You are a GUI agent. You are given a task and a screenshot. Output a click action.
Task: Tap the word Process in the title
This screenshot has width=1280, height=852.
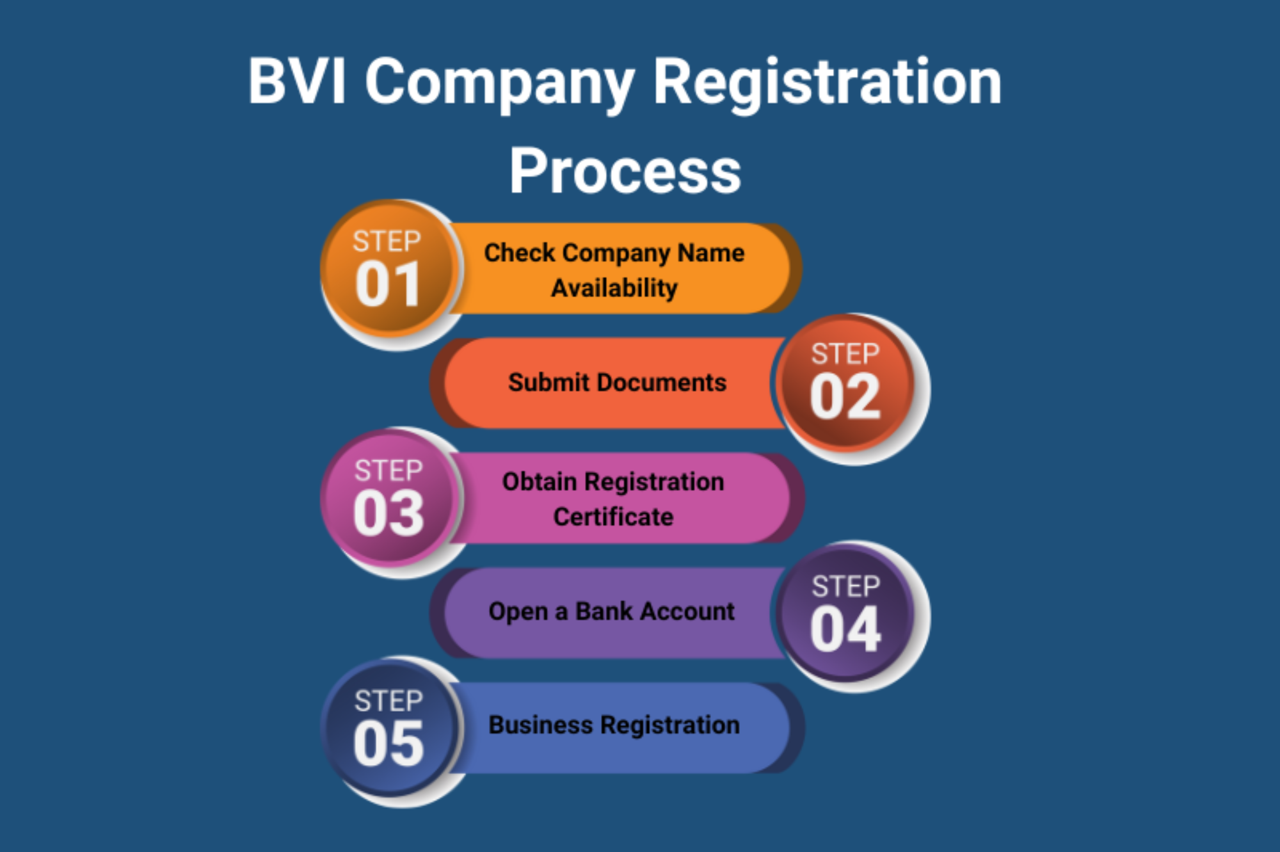tap(625, 171)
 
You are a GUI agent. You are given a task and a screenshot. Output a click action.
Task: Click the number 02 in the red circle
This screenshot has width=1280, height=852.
tap(845, 397)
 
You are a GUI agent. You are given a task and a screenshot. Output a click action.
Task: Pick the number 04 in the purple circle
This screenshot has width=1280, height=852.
tap(845, 630)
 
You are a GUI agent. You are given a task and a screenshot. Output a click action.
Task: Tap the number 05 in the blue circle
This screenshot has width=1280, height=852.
tap(388, 743)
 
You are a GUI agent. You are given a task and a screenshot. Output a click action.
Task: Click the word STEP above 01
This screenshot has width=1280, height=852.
tap(387, 241)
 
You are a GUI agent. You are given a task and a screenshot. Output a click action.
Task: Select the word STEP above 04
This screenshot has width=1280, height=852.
tap(846, 586)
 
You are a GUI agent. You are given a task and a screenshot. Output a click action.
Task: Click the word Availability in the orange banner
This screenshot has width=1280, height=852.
tap(614, 288)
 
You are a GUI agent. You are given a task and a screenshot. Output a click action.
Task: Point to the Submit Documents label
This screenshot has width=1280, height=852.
tap(617, 382)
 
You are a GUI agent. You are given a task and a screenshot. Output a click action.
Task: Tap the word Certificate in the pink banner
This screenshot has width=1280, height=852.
tap(613, 517)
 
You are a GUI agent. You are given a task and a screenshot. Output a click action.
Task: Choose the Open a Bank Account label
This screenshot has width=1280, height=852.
tap(611, 611)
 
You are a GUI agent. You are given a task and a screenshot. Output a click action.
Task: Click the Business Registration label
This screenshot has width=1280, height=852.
tap(614, 725)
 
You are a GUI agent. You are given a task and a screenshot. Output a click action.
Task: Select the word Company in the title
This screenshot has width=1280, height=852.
tap(500, 84)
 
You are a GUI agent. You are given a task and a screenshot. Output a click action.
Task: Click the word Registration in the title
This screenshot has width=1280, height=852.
tap(828, 84)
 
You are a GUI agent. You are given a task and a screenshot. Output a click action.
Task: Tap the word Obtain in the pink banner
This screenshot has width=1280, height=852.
tap(540, 481)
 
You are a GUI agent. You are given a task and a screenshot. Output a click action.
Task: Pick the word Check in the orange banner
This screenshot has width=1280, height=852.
tap(519, 252)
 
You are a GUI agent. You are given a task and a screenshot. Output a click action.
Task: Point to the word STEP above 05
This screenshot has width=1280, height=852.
tap(388, 701)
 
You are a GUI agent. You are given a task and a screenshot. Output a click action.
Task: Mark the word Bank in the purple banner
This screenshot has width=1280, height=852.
tap(604, 611)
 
